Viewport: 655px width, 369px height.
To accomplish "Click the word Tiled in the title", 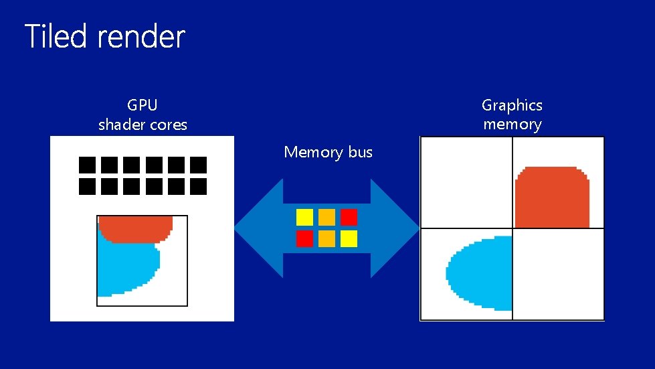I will (56, 37).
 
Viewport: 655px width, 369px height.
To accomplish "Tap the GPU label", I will (143, 105).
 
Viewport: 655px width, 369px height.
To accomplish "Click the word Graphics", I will (512, 105).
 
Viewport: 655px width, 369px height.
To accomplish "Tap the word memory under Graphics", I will (512, 125).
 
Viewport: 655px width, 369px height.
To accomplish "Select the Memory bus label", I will (328, 152).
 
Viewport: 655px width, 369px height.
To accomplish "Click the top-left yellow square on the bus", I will (304, 217).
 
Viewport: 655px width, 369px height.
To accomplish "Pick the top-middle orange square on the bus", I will (326, 217).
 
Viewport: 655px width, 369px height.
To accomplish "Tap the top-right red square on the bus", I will (349, 217).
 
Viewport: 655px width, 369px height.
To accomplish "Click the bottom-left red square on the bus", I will (304, 238).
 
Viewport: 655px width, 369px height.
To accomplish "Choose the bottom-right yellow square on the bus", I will (349, 238).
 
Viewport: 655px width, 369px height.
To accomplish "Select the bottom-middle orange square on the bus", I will (326, 238).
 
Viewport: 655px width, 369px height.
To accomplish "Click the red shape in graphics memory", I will (553, 198).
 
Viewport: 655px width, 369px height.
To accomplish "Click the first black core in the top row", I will (88, 165).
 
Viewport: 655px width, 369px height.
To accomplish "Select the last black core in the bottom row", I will (198, 186).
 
